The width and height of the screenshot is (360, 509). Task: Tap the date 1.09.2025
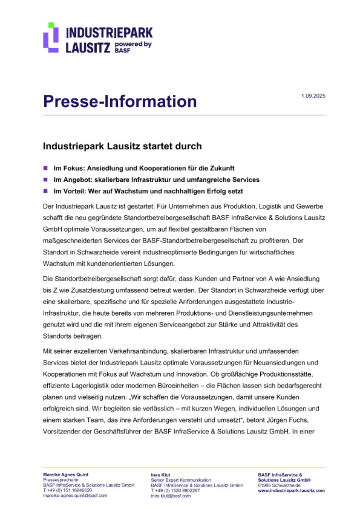coord(313,96)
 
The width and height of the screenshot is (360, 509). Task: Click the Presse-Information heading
coord(120,101)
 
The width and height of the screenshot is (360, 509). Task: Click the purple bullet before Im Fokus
coord(46,168)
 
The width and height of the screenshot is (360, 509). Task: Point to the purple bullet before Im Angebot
coord(46,179)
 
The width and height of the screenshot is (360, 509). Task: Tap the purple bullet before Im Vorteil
coord(46,191)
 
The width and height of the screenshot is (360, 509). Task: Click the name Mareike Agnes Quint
coord(66,475)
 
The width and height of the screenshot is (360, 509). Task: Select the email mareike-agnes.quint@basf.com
coord(75,496)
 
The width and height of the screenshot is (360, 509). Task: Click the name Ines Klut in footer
coord(161,475)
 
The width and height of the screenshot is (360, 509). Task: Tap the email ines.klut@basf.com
coord(171,496)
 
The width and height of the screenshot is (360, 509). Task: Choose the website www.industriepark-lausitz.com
coord(291,490)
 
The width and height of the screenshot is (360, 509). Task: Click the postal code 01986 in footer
coord(264,485)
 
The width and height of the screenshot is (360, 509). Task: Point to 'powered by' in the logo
coord(133,44)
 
